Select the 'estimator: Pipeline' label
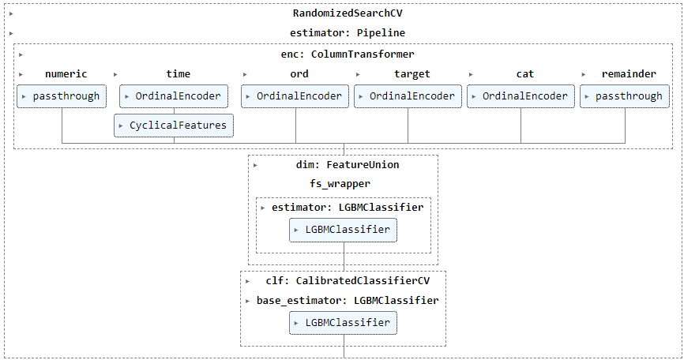tap(348, 33)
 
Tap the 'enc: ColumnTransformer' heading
tap(348, 54)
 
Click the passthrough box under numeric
tap(61, 96)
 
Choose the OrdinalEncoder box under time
tap(174, 96)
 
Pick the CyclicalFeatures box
tap(174, 125)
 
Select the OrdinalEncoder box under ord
tap(295, 96)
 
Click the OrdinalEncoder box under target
tap(408, 96)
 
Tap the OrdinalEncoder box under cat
tap(521, 96)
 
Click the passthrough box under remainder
tap(625, 96)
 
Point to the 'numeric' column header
tap(66, 74)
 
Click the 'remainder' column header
tap(630, 74)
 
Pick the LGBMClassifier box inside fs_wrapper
tap(343, 230)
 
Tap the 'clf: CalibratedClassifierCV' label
tap(348, 280)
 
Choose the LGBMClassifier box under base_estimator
tap(343, 322)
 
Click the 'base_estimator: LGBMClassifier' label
tap(348, 301)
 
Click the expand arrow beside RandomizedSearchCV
tap(6, 13)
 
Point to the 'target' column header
tap(412, 74)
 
